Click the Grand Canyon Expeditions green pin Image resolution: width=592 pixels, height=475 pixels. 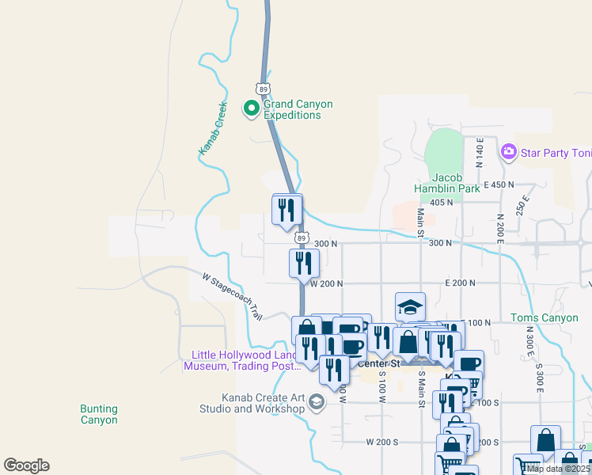[x=252, y=108]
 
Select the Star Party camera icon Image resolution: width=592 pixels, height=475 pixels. [x=508, y=150]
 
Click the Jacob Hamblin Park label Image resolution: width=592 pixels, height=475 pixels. [x=446, y=183]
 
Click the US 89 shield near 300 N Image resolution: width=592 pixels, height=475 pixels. [x=301, y=237]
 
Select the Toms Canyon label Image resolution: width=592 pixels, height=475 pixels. [x=545, y=318]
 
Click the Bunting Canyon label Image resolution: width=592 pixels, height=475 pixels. [x=99, y=414]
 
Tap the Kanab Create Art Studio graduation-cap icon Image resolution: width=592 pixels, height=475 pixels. [x=317, y=403]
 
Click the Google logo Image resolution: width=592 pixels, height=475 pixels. [x=26, y=465]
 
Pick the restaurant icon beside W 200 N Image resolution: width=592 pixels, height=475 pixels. [x=304, y=263]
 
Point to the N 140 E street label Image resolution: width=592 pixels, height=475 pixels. [x=479, y=151]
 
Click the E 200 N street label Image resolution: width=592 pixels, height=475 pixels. [x=461, y=283]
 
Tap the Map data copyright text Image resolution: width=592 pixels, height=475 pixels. [x=559, y=469]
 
